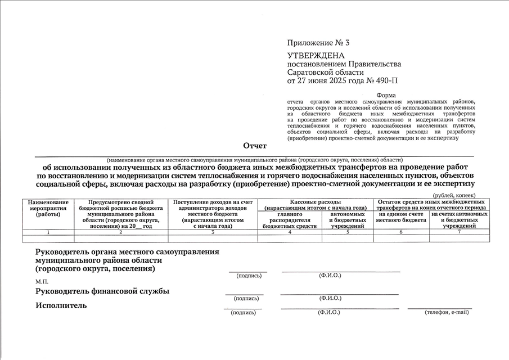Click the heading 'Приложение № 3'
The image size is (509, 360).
(318, 43)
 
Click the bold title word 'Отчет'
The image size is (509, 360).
(255, 146)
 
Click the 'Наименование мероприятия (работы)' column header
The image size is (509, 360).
(48, 208)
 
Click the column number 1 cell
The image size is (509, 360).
(48, 232)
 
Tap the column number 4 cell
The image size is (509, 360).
(290, 232)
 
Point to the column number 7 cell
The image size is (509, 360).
(460, 232)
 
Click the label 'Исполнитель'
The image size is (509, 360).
(61, 305)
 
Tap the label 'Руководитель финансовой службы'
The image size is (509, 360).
(102, 291)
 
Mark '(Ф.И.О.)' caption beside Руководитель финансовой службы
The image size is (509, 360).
(331, 298)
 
